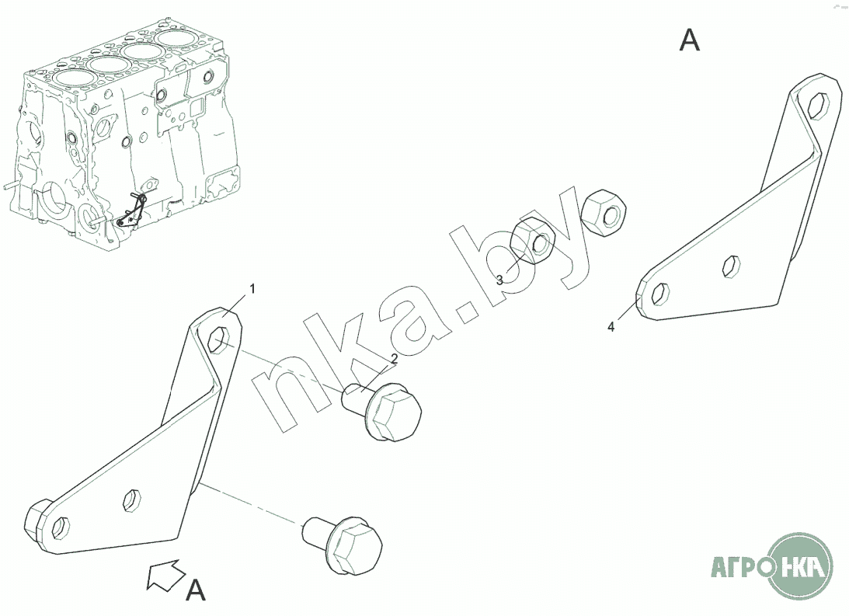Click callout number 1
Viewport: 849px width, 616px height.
tap(252, 289)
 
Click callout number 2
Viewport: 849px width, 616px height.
tap(394, 358)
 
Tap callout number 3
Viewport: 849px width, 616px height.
tap(499, 280)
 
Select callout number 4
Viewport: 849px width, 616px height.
tap(611, 326)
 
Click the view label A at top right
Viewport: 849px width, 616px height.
tap(689, 40)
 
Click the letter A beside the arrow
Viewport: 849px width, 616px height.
tap(196, 590)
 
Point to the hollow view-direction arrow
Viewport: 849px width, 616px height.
tap(165, 574)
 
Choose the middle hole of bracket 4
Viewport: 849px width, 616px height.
tap(732, 266)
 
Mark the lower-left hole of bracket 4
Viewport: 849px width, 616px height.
tap(660, 294)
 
